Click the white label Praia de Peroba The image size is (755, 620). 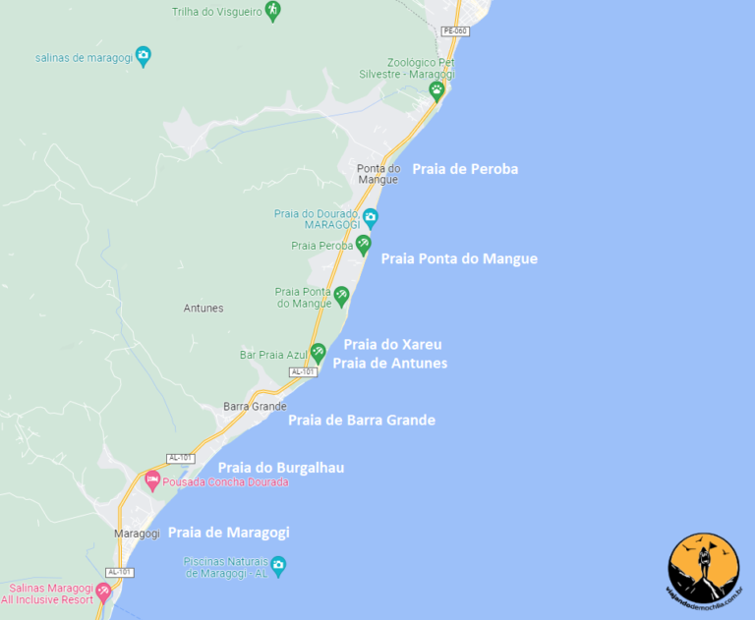(x=465, y=169)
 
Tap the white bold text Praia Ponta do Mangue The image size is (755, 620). (x=459, y=258)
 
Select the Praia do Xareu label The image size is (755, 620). (x=392, y=345)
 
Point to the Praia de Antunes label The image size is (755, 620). (x=389, y=364)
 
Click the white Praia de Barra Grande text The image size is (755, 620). (x=361, y=421)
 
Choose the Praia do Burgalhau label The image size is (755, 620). (x=280, y=468)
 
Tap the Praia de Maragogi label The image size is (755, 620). (x=228, y=533)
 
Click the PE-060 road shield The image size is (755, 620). (x=455, y=31)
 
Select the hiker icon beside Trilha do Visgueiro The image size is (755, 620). (x=273, y=11)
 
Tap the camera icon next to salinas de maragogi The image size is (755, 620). (x=144, y=55)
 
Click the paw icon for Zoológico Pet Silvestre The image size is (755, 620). (x=436, y=89)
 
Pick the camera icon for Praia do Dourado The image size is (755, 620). (x=371, y=216)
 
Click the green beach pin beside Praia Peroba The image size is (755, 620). (x=363, y=244)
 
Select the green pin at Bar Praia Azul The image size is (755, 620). (x=318, y=352)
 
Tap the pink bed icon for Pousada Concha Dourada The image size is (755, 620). (x=152, y=480)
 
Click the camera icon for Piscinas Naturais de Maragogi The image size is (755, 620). (x=278, y=565)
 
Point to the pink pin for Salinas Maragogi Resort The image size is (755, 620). (x=104, y=592)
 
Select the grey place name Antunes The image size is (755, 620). (x=203, y=309)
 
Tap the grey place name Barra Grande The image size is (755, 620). (x=255, y=406)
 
